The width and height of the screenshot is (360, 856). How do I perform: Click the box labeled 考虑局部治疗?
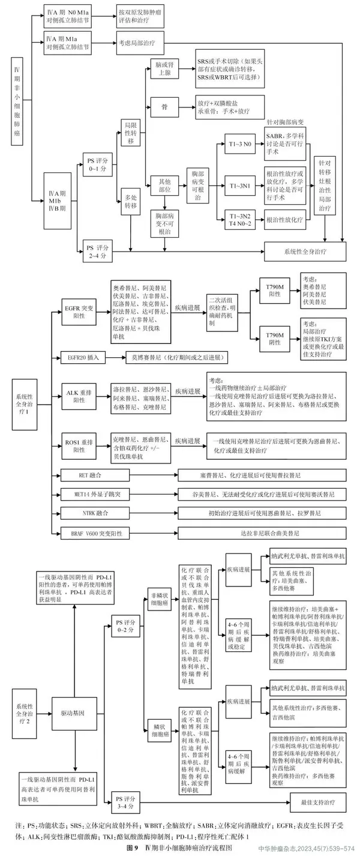(x=137, y=43)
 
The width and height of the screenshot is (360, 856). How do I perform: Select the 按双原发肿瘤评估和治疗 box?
(x=137, y=14)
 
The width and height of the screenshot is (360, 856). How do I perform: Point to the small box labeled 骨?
(x=164, y=104)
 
